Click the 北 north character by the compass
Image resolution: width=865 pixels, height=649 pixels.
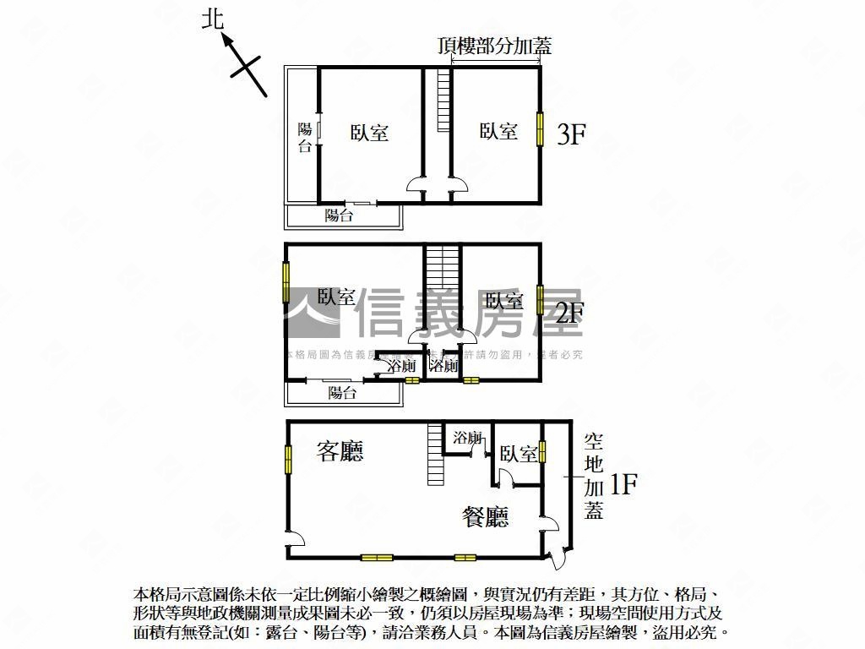[x=213, y=19]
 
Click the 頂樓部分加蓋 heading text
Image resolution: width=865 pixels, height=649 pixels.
[x=495, y=46]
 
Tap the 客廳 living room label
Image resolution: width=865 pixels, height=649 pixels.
[x=340, y=451]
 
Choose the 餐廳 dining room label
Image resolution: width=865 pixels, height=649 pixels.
[x=486, y=515]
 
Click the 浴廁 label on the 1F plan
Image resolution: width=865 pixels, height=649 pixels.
[x=467, y=438]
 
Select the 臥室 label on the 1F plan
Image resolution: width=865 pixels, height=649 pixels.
[x=518, y=455]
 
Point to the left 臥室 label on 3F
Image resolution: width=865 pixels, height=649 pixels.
[x=369, y=133]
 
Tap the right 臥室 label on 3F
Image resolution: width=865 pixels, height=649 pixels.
[x=498, y=131]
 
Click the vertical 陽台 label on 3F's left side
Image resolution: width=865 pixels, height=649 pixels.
[x=305, y=137]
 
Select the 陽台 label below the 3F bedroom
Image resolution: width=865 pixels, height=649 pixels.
[x=340, y=215]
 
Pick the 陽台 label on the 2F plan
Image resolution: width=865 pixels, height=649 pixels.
[x=342, y=393]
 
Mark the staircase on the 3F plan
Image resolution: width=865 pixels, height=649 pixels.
[x=443, y=100]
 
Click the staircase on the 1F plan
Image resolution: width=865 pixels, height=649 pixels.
[x=435, y=454]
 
